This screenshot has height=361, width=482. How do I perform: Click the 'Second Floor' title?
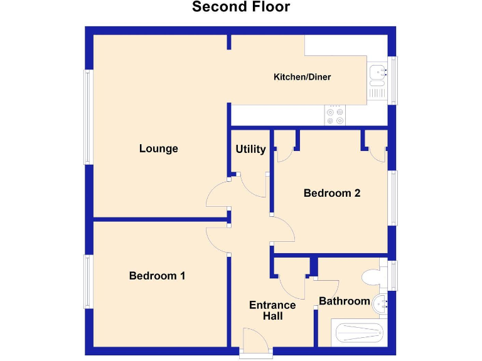tap(241, 8)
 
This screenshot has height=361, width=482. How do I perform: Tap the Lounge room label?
tap(159, 149)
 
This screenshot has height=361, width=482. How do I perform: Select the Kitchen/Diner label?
tap(302, 77)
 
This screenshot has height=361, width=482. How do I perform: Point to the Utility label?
tap(250, 149)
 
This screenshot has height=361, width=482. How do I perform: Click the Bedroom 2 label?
tap(331, 193)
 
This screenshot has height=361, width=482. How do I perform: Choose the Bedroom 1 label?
tap(157, 276)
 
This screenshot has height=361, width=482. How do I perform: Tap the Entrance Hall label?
tap(272, 310)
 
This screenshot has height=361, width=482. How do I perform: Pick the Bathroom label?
tap(345, 301)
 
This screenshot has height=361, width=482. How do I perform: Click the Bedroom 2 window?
tap(394, 197)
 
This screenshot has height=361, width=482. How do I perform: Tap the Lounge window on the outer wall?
tap(88, 117)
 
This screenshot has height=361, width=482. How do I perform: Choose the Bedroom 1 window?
tap(88, 281)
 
